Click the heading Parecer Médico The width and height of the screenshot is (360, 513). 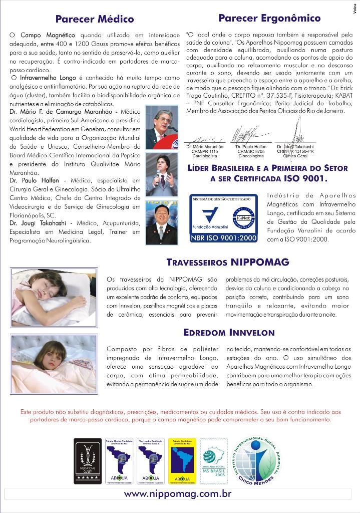(95, 20)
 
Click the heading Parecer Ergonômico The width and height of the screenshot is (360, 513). (270, 19)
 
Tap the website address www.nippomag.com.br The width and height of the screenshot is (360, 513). (178, 494)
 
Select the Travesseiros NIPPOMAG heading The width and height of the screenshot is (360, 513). (228, 262)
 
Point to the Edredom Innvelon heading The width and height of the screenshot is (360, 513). (229, 332)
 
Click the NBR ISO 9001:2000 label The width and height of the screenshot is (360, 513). (223, 238)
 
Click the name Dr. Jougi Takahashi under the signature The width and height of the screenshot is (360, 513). (295, 147)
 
